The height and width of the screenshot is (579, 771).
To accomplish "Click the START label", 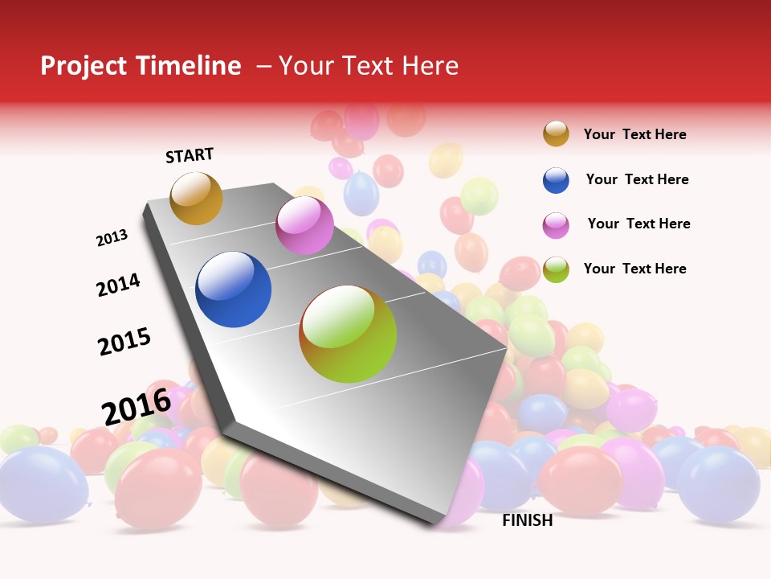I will pos(190,155).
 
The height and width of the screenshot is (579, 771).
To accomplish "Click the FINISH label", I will pos(528,520).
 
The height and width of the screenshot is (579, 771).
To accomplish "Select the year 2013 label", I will pos(112,238).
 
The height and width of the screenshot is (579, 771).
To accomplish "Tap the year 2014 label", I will pos(118,285).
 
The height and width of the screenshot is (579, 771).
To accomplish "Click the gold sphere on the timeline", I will pos(196,198).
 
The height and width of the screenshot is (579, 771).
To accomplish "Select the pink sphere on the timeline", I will pos(304,225).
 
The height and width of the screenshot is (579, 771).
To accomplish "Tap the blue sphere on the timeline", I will pos(234,289).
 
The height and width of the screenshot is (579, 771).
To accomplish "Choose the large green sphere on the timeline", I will pos(348,334).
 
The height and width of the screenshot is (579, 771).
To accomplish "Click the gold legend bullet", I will pos(556,133).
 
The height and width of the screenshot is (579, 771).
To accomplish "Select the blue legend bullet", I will pos(556,180).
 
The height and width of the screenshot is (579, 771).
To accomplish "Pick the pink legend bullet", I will pos(556,225).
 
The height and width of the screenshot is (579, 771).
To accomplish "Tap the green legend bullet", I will pos(556,269).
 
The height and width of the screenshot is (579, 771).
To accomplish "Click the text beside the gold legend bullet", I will pos(634,134).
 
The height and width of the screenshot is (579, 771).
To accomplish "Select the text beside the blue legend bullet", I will pos(637,179).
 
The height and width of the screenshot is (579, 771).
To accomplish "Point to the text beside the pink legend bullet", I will pos(638,224).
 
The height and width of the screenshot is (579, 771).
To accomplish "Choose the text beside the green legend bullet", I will pos(634,269).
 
